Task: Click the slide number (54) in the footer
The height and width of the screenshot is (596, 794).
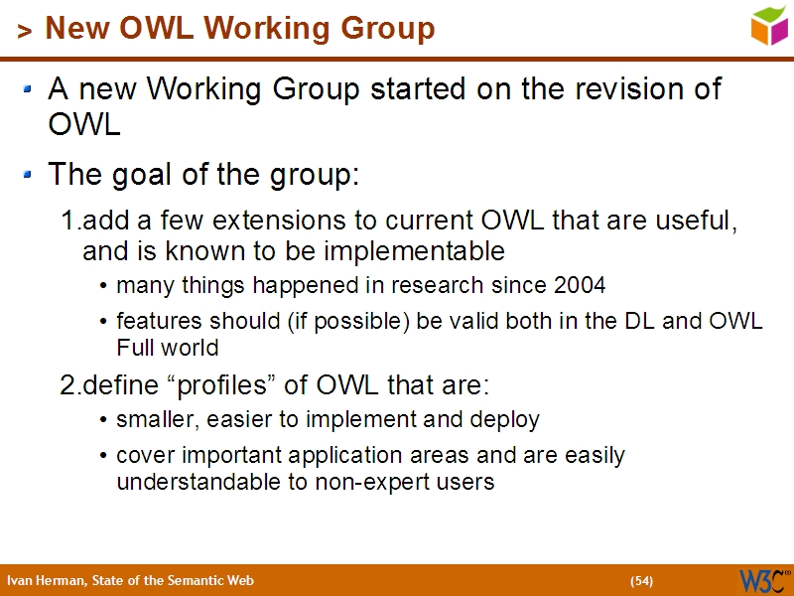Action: pyautogui.click(x=641, y=581)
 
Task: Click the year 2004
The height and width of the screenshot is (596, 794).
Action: pyautogui.click(x=580, y=286)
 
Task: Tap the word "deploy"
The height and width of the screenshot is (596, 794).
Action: pyautogui.click(x=508, y=420)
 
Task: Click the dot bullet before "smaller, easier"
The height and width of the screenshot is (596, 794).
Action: pyautogui.click(x=105, y=421)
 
